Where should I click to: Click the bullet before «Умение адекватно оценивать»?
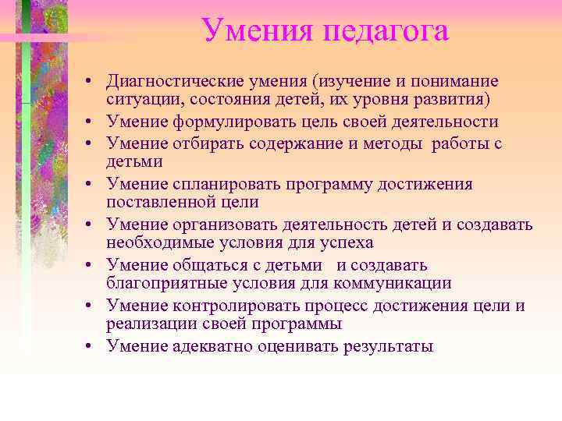(91, 347)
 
